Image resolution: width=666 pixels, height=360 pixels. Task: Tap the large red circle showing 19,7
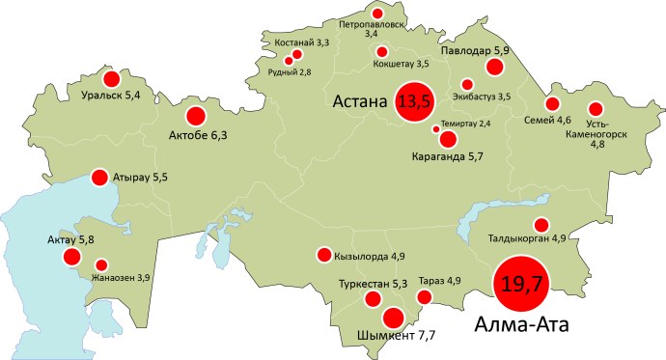point(519,283)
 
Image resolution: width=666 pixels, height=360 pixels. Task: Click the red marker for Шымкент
point(393,318)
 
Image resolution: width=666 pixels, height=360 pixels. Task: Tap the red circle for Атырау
point(98,178)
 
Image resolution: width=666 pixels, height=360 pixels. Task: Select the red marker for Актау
point(71,257)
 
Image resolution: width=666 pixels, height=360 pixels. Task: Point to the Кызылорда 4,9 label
point(371,256)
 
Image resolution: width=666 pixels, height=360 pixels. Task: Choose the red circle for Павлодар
point(495,67)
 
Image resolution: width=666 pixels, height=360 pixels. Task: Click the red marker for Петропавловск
point(377,14)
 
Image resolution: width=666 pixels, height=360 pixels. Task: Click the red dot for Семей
point(552,104)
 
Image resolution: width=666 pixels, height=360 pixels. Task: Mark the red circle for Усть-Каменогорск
point(596,109)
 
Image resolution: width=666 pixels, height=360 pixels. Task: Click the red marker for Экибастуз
point(468,84)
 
